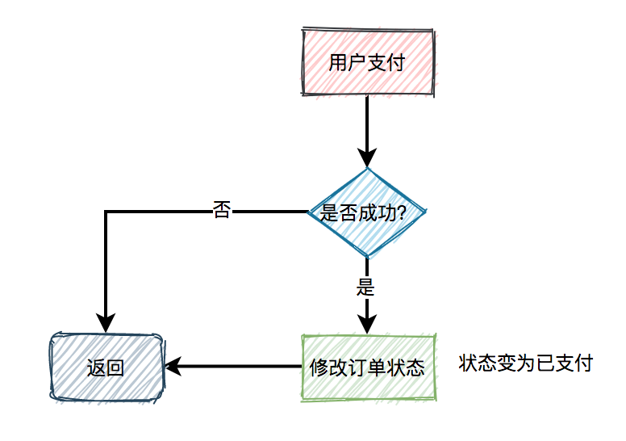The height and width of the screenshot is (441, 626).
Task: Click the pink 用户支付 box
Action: coord(367,63)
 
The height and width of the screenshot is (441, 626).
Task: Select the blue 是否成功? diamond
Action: coord(367,212)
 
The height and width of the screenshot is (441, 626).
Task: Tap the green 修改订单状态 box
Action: coord(367,367)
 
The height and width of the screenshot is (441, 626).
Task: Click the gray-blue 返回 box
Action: coord(106,367)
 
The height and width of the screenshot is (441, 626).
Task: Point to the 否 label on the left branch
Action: coord(221,211)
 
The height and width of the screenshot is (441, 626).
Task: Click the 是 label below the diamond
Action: coord(366,286)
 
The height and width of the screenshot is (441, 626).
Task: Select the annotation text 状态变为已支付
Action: coord(525,363)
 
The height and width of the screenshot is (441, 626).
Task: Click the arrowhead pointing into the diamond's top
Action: coord(367,158)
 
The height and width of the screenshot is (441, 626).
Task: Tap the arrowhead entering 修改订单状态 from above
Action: coord(367,325)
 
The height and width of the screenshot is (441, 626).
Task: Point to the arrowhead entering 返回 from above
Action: coord(106,323)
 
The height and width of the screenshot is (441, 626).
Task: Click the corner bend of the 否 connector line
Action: coord(106,212)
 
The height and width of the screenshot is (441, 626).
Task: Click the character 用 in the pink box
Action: coord(338,63)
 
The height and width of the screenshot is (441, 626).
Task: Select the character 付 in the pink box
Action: coord(395,63)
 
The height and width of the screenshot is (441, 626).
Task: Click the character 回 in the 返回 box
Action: coord(115,368)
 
